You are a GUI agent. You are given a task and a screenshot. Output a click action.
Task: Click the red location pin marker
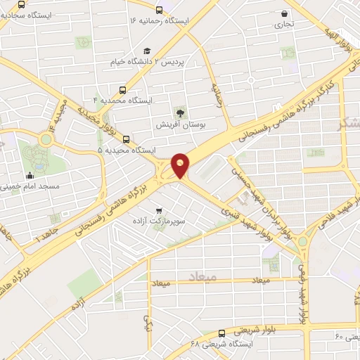(181, 165)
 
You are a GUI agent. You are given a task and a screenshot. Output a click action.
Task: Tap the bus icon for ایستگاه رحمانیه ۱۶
(160, 10)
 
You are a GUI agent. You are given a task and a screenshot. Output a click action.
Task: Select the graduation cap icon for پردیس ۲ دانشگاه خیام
(147, 51)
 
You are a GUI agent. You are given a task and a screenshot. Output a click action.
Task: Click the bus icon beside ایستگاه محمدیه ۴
(123, 90)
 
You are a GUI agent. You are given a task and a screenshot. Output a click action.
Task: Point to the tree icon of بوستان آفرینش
(181, 112)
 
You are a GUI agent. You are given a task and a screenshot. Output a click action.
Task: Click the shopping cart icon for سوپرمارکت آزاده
(160, 210)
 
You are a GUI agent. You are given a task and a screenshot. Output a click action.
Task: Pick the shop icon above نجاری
(284, 13)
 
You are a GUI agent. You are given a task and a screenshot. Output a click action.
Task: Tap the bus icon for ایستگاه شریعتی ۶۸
(221, 333)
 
